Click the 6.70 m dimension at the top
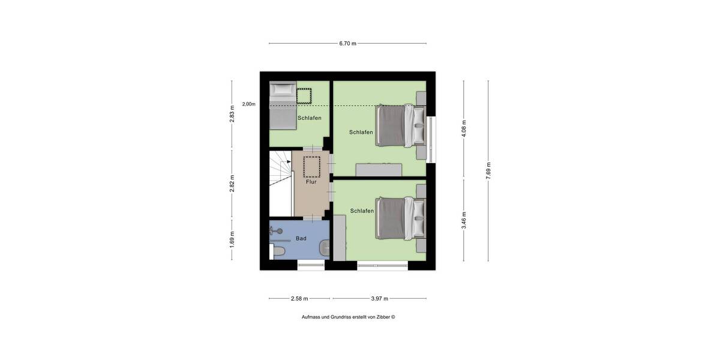347,43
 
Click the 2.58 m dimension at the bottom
299,298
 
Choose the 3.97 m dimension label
379,298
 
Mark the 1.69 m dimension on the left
232,238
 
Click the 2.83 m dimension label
232,114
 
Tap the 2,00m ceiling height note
248,104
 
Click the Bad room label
301,239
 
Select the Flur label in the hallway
311,182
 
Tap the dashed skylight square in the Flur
312,166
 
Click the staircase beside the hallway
280,183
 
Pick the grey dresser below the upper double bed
379,170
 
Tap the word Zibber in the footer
382,317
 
